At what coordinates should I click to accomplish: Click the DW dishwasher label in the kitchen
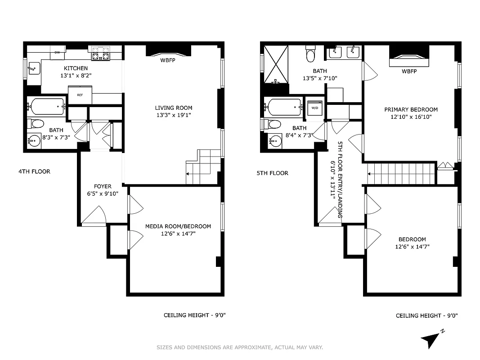coord(57,53)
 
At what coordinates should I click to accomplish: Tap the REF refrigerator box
coord(80,95)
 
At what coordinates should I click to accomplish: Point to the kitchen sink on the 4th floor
coord(33,69)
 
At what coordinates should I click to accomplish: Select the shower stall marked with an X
coord(275,64)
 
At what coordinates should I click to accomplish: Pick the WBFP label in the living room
coord(168,61)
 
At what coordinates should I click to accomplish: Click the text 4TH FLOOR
coord(34,171)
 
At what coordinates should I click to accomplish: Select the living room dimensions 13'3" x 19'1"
coord(173,115)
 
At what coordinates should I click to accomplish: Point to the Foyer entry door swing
coord(94,216)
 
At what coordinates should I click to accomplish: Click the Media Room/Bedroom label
coord(178,226)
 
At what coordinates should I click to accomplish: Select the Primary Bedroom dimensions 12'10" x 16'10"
coord(411,117)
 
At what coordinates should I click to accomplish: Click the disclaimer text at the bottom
coord(239,347)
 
